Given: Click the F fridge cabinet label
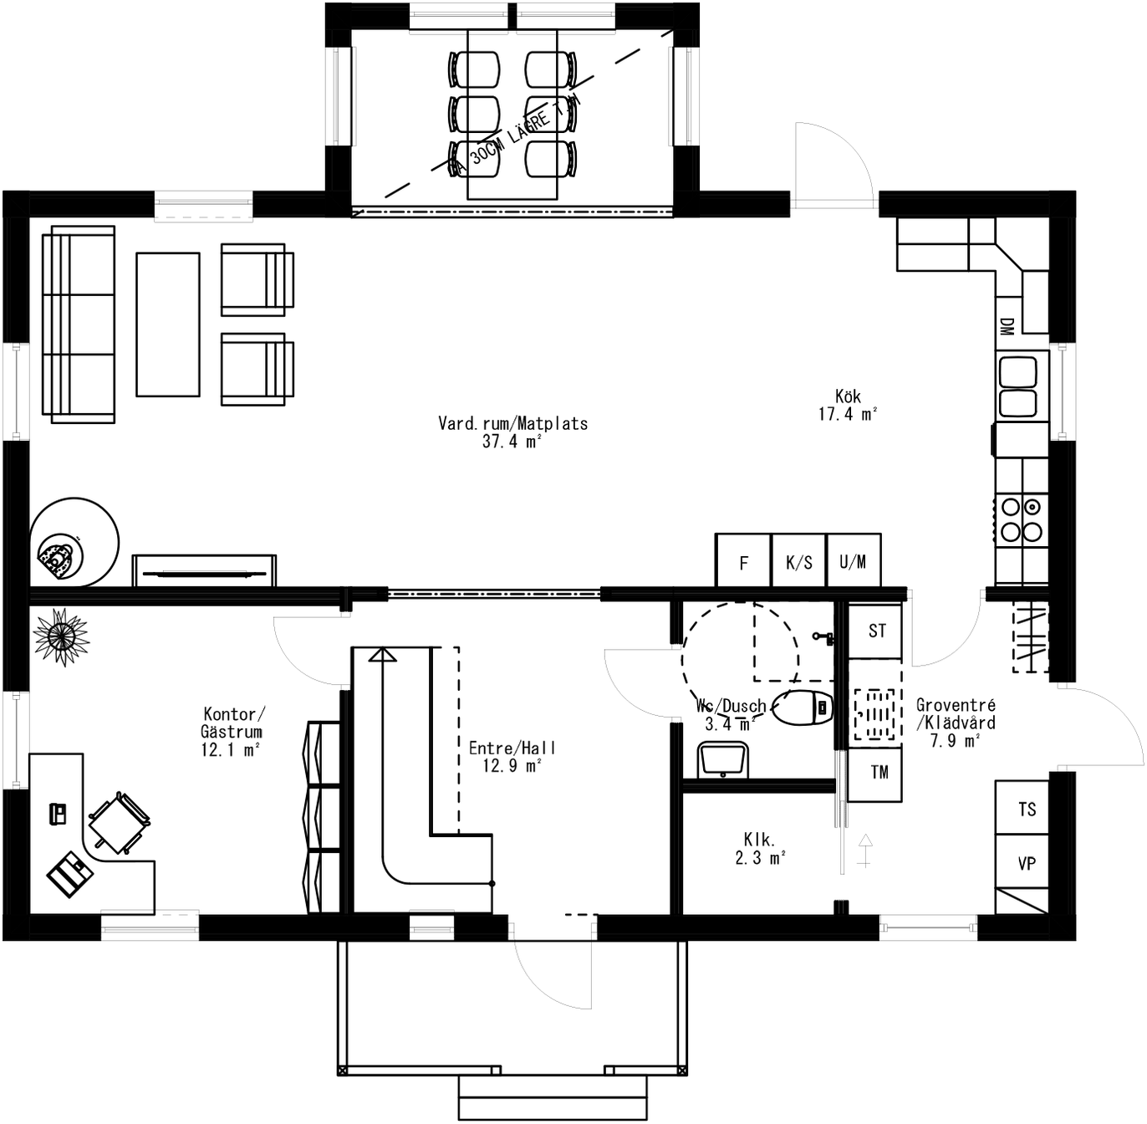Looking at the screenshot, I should (x=743, y=562).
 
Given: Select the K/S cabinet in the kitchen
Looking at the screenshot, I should (x=798, y=562).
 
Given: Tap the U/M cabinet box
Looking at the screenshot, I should (x=853, y=562).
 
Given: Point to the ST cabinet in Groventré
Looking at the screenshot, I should (x=876, y=631).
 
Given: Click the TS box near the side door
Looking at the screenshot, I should (x=1026, y=810).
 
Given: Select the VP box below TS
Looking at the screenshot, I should (x=1026, y=863).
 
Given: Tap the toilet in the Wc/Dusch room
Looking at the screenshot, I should (x=803, y=708).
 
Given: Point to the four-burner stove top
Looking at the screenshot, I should (x=1022, y=519).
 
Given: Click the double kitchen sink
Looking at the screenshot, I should (x=1018, y=386).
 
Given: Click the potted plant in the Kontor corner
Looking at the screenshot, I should (x=61, y=637).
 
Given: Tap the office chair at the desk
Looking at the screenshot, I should (x=120, y=823).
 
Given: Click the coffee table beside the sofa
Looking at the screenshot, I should (x=168, y=324).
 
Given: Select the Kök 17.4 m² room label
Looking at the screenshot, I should (x=847, y=406).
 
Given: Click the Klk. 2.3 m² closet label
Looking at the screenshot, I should (x=760, y=848).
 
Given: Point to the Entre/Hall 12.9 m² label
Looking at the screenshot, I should (x=512, y=757).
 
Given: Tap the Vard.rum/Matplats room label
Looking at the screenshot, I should (x=512, y=432).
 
